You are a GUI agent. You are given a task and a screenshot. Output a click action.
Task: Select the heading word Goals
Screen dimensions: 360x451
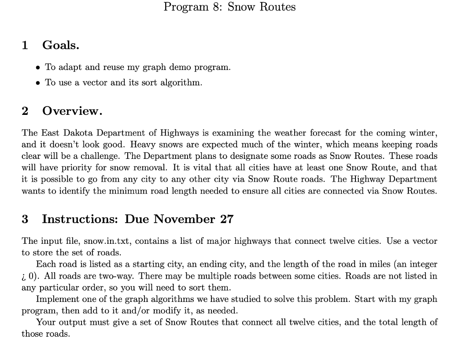(x=61, y=45)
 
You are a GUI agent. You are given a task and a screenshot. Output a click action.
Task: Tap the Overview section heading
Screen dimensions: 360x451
(x=72, y=111)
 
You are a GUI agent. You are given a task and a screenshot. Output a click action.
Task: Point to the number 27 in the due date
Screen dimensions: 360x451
(x=226, y=219)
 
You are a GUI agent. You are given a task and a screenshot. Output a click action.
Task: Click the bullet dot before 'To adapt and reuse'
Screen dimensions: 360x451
(x=38, y=68)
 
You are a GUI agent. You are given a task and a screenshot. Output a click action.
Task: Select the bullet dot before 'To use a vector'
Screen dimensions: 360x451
(x=38, y=83)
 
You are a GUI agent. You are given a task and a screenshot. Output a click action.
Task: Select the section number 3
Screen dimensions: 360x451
(x=25, y=219)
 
